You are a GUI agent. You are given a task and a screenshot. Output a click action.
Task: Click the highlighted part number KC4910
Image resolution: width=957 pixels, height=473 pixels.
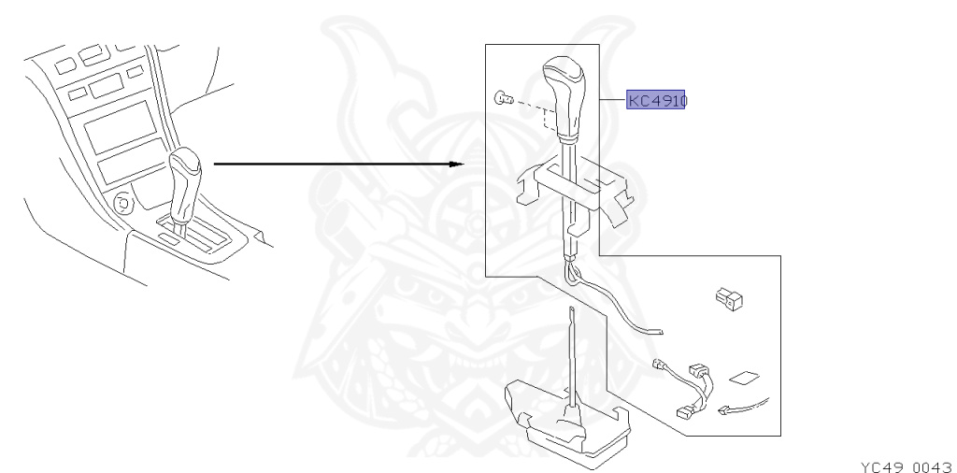click(x=656, y=100)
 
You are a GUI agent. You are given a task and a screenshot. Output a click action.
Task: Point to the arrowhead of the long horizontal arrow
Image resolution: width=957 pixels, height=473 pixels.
click(x=458, y=165)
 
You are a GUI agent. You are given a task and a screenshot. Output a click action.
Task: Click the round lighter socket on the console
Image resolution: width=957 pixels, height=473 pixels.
click(x=121, y=201)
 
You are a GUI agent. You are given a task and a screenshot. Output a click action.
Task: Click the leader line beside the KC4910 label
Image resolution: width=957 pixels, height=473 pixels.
click(x=609, y=100)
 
